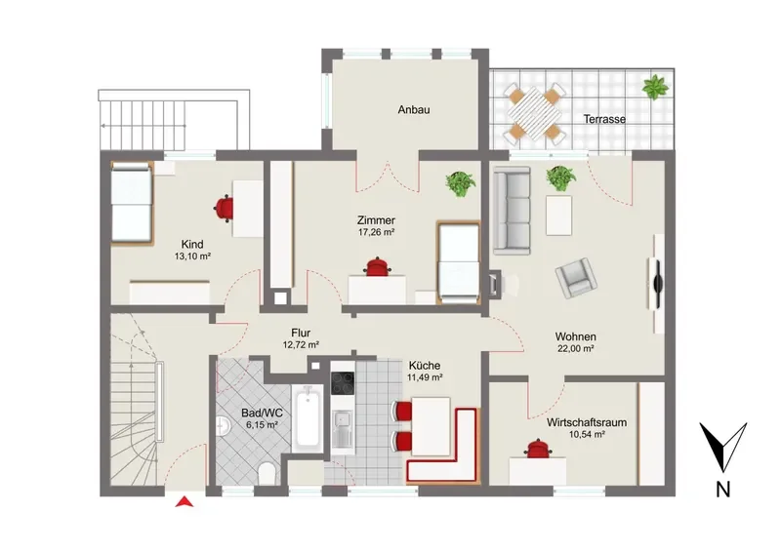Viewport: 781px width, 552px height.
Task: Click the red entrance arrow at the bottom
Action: [x=185, y=501]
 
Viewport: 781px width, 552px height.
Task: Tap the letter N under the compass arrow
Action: [x=722, y=490]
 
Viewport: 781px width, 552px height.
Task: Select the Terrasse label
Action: [x=604, y=119]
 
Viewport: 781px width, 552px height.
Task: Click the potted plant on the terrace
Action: [x=655, y=87]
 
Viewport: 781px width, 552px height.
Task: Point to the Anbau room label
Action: [x=413, y=110]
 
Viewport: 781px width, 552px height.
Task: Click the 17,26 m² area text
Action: [x=376, y=232]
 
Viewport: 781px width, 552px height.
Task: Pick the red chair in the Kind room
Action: [x=225, y=208]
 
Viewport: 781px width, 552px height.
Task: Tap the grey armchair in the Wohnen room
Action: [x=575, y=278]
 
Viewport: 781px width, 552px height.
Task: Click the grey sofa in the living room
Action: [x=512, y=211]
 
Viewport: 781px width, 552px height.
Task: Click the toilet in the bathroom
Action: [x=267, y=473]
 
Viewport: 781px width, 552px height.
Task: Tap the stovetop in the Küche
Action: [x=343, y=383]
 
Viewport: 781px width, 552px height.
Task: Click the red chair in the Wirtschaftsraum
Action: [x=538, y=449]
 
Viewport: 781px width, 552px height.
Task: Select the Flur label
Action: [x=301, y=334]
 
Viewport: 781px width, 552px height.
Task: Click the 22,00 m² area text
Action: [x=575, y=349]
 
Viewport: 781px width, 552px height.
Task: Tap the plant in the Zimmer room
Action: [x=460, y=183]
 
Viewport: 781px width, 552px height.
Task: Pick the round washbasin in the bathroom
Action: [x=222, y=426]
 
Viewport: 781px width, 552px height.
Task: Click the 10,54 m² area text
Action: [x=587, y=435]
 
